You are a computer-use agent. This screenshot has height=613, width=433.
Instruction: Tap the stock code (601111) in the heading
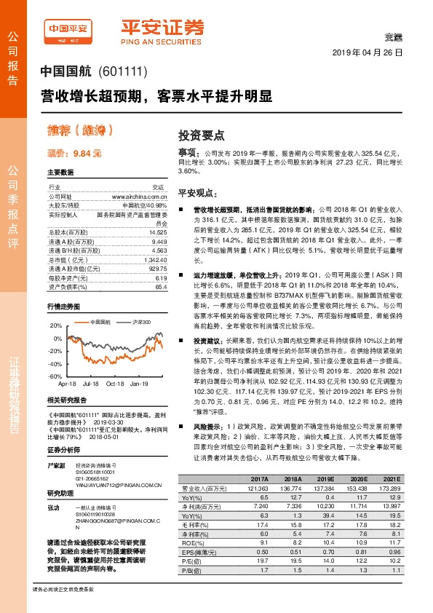[x=126, y=72]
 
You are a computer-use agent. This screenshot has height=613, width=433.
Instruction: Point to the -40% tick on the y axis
[x=56, y=364]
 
